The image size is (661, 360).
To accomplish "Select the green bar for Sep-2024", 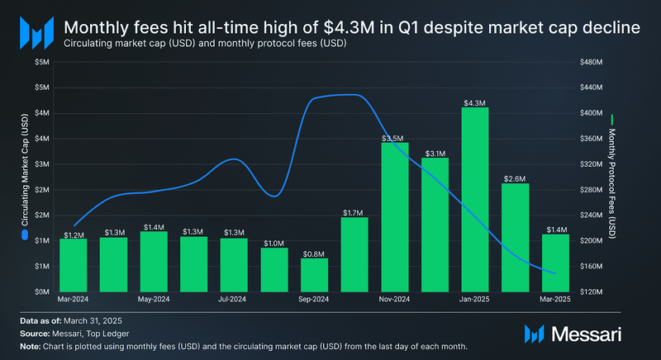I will point(314,275).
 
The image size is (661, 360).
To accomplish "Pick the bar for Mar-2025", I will point(555,263).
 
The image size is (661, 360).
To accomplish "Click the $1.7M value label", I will point(354,212).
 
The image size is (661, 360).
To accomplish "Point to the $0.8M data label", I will point(314,253).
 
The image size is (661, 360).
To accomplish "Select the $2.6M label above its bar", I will point(515,178).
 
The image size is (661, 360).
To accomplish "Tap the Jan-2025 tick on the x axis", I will point(475,300).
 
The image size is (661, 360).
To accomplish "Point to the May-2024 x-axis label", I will point(154,300).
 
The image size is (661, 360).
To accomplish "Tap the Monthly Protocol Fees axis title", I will point(611,178).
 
